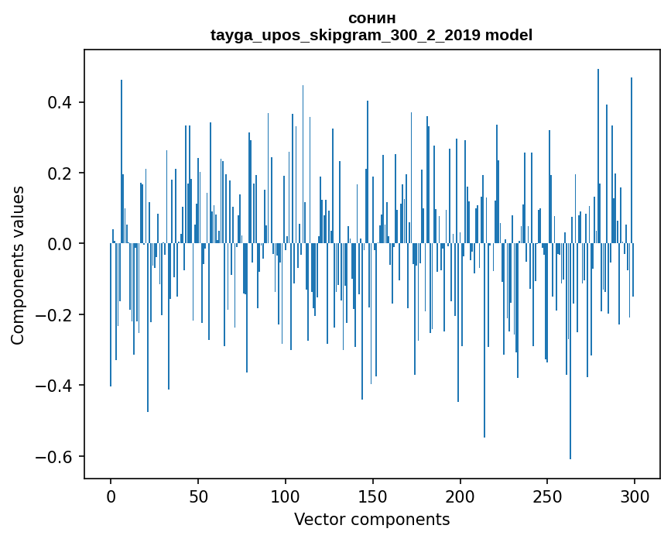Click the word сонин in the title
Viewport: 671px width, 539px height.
coord(371,18)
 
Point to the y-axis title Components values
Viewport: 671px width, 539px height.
coord(18,265)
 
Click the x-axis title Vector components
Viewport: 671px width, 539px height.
coord(371,520)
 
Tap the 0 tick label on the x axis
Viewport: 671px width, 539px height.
coord(111,496)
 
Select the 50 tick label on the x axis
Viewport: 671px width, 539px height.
coord(198,496)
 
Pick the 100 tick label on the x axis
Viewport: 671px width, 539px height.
coord(286,496)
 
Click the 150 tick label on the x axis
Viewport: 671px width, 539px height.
coord(373,496)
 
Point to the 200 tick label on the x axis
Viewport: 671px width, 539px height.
coord(460,496)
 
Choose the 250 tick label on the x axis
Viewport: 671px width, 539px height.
coord(548,496)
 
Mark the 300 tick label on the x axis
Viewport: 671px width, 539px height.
coord(635,496)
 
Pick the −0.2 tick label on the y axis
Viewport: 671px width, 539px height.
coord(56,315)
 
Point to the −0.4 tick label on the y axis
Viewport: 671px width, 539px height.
coord(56,386)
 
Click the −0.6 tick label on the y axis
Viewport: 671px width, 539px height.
coord(56,456)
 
